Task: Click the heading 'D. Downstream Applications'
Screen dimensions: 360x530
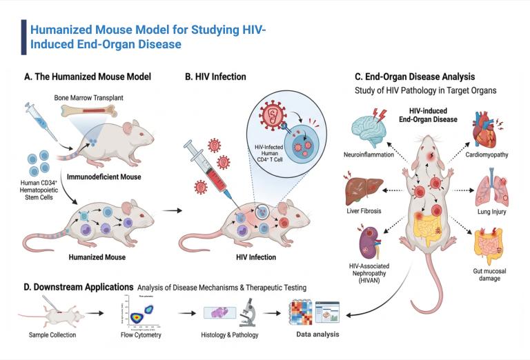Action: coord(77,286)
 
